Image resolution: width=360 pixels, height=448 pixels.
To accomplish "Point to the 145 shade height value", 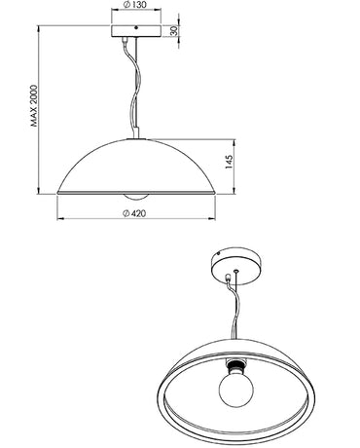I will coord(230,160).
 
